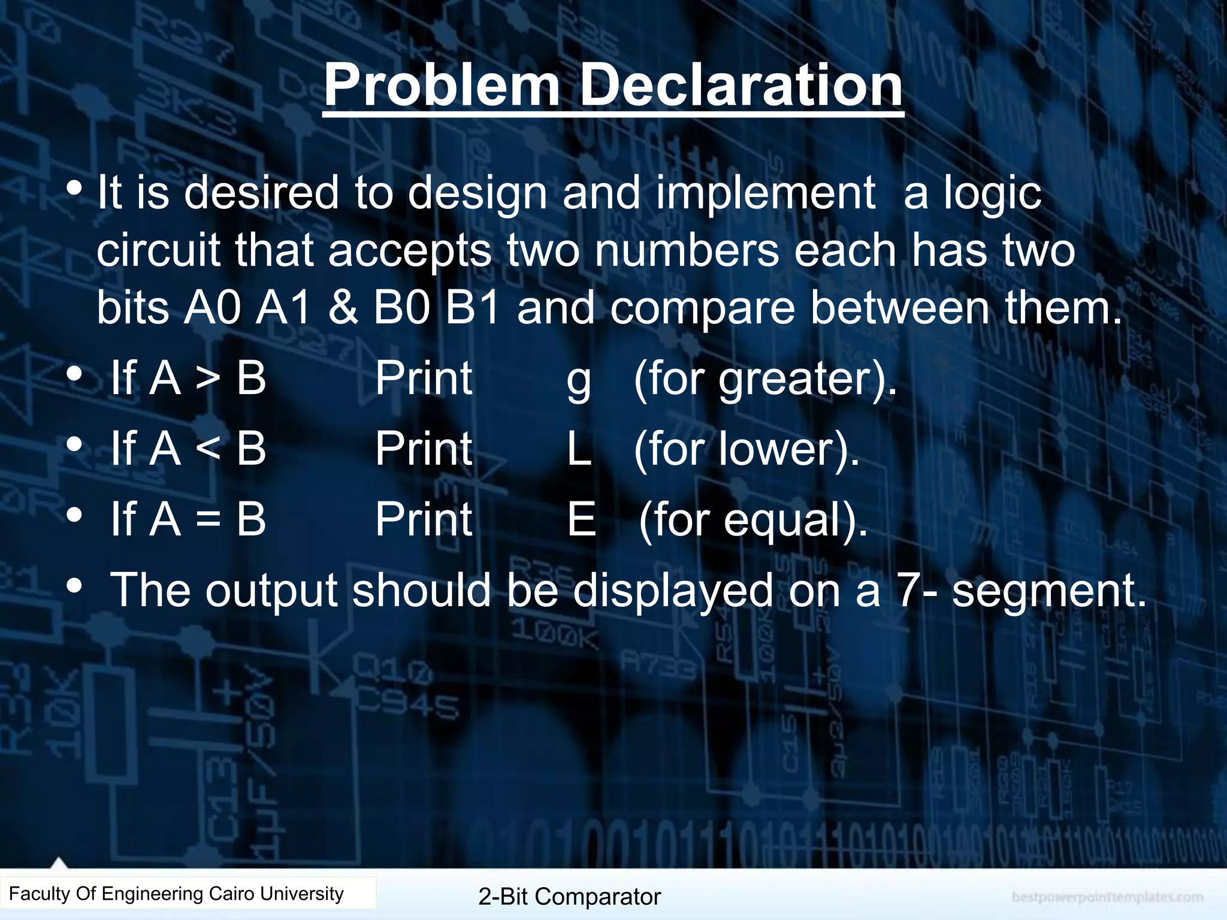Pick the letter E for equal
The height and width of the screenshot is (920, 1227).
click(581, 519)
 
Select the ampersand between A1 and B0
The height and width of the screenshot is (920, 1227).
click(343, 308)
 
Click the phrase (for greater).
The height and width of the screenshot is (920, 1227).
click(765, 380)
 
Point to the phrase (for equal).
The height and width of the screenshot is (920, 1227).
click(753, 520)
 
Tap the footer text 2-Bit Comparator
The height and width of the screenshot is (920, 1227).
click(569, 897)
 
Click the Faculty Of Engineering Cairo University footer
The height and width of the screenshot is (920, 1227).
click(176, 894)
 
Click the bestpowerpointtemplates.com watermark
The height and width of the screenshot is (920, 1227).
click(1107, 897)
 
